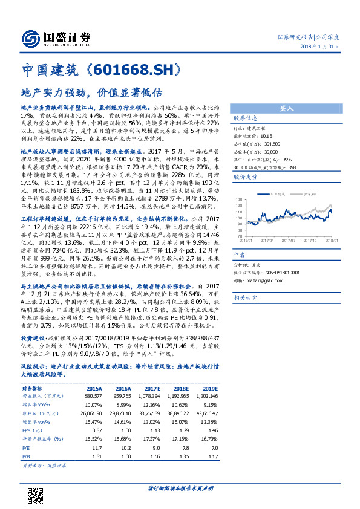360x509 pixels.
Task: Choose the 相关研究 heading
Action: point(245,297)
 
